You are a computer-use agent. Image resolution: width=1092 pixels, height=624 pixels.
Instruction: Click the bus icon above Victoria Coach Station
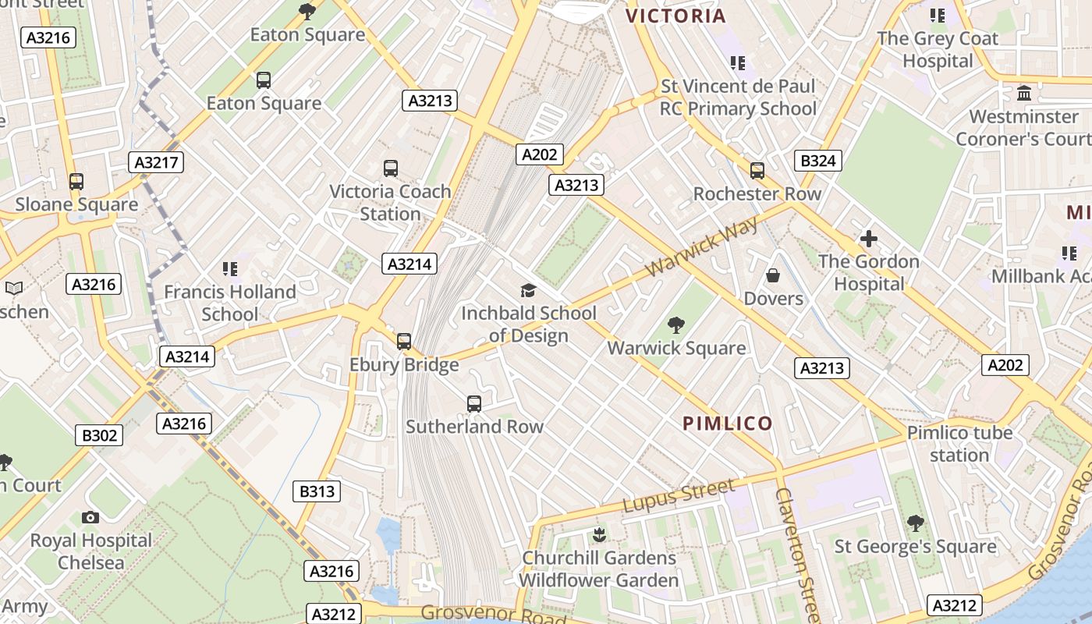[x=391, y=168]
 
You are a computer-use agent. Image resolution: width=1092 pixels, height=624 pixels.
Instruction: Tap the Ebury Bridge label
[x=403, y=365]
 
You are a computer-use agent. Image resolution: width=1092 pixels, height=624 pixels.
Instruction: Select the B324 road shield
[x=817, y=161]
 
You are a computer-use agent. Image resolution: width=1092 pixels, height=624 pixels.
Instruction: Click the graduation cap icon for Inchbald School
[x=528, y=290]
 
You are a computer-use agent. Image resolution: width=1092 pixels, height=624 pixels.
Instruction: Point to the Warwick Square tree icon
[x=676, y=325]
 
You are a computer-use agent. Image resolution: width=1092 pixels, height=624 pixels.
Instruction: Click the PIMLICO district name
[x=728, y=424]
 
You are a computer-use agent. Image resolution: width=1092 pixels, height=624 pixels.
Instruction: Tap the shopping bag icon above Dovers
[x=773, y=275]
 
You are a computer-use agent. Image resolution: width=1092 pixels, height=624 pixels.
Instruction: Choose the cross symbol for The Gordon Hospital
[x=868, y=239]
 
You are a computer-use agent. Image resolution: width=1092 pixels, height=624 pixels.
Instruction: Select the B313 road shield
[x=317, y=491]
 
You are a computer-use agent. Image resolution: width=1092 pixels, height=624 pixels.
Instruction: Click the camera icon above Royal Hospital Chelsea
[x=90, y=517]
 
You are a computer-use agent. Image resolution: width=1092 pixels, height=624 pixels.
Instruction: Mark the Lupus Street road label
[x=678, y=497]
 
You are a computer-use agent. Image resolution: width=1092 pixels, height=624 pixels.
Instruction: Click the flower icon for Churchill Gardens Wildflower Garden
[x=599, y=535]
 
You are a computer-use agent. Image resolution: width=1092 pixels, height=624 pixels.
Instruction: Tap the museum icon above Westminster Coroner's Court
[x=1024, y=94]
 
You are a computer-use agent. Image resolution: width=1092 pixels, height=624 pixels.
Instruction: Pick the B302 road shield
[x=100, y=435]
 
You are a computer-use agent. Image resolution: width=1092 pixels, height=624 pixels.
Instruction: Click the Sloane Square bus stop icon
[x=76, y=182]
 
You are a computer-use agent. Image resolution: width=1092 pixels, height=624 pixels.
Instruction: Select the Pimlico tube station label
[x=959, y=444]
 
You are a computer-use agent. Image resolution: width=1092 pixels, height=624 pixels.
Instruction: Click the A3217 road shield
[x=156, y=162]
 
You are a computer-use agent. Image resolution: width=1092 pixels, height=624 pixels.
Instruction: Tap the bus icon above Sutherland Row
[x=473, y=403]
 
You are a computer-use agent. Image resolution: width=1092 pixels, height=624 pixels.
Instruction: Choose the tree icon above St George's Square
[x=915, y=523]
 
